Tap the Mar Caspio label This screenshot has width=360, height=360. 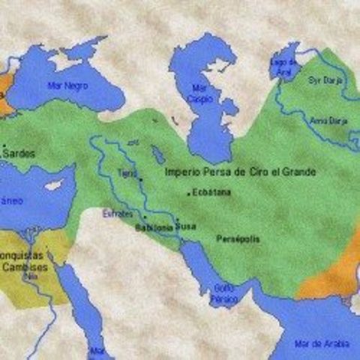click(202, 93)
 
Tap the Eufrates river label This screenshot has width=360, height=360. click(118, 214)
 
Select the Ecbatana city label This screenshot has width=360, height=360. click(212, 193)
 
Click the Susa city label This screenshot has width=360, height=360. click(187, 224)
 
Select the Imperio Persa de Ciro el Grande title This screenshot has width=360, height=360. click(240, 172)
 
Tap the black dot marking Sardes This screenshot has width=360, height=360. click(4, 146)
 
